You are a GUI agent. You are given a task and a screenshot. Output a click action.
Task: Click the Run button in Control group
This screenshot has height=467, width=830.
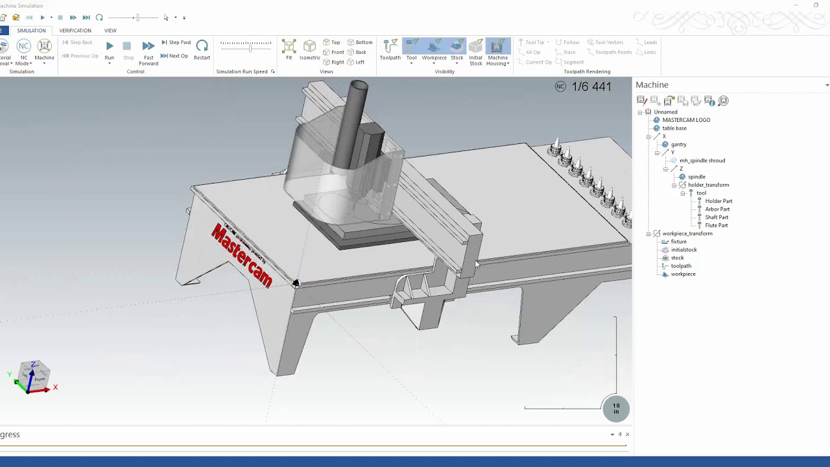110,49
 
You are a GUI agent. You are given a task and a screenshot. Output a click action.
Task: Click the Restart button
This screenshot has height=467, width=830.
202,49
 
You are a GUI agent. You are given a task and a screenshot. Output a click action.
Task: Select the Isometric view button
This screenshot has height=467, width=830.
310,49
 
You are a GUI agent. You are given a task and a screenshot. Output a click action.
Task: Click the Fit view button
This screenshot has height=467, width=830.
289,49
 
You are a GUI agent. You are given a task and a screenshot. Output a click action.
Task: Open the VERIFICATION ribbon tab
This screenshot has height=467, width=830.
75,30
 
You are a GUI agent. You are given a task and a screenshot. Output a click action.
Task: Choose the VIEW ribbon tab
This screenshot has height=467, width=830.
110,30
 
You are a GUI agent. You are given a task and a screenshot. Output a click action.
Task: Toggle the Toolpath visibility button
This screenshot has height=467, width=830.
390,49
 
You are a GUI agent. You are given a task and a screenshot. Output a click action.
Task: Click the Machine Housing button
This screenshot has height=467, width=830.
497,50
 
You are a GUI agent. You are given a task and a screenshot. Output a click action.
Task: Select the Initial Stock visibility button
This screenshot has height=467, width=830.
476,51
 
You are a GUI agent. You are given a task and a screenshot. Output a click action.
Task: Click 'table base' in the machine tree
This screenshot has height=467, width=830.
674,128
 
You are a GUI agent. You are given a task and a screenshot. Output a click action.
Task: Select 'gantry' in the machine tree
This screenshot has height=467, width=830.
678,145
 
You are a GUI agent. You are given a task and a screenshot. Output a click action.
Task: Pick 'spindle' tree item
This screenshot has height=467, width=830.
696,177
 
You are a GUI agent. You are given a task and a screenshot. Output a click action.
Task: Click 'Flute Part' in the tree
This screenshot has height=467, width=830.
717,226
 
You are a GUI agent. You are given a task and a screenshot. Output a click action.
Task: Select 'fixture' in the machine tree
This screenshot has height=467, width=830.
678,242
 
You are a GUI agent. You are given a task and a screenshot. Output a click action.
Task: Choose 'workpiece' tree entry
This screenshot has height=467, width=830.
683,274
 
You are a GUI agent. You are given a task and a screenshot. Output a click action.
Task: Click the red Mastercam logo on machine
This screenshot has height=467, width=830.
242,255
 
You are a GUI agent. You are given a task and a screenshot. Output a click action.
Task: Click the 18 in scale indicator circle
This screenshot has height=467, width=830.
616,409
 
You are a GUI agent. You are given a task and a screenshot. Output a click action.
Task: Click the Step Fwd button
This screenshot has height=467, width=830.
176,43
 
